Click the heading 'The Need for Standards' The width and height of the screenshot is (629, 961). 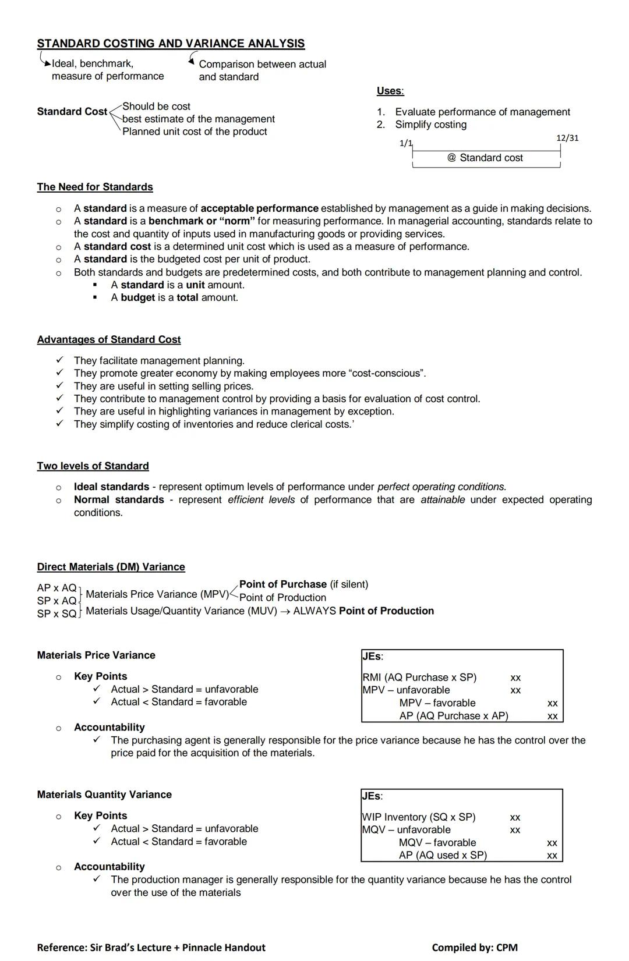[x=95, y=187]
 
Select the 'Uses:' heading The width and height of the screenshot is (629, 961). [x=390, y=91]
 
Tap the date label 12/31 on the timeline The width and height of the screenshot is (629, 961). [x=567, y=138]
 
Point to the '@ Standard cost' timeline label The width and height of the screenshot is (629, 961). [x=485, y=158]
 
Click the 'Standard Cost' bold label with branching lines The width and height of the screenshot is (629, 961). [x=72, y=111]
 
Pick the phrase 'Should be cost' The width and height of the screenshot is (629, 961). [x=156, y=106]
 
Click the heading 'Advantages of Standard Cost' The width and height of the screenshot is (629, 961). [x=109, y=339]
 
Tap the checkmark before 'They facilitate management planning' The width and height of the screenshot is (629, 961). [x=59, y=360]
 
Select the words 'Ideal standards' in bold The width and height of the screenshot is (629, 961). [x=111, y=487]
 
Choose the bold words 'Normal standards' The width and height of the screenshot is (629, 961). [x=119, y=499]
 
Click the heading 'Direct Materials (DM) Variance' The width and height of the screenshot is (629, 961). [x=111, y=567]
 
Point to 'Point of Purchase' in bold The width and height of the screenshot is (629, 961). [x=283, y=584]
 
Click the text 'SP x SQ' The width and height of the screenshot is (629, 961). [x=56, y=614]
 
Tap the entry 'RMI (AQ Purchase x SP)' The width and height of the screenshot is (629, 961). [x=419, y=677]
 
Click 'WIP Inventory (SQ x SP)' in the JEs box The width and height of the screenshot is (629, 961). [x=419, y=817]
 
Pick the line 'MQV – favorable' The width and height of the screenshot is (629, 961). [x=437, y=842]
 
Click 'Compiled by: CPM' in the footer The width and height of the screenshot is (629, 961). [x=475, y=948]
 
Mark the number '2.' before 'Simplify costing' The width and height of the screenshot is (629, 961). [x=381, y=125]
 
